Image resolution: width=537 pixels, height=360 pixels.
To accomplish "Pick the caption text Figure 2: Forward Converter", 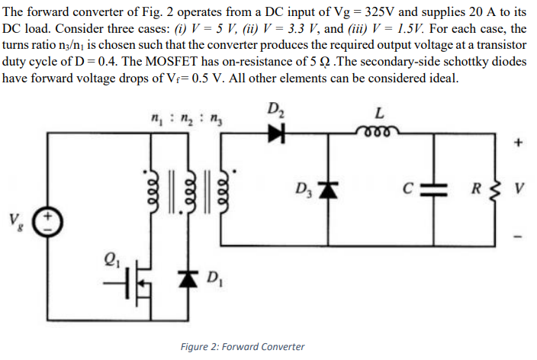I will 242,347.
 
